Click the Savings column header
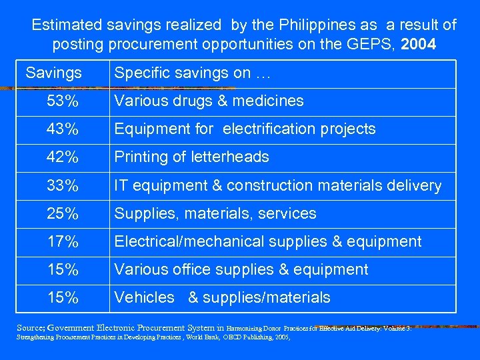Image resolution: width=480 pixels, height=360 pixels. [x=54, y=72]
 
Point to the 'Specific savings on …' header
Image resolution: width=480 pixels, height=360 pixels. [x=193, y=73]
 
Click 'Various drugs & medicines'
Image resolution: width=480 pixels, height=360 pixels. [x=209, y=101]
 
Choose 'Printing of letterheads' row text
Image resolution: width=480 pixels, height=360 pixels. [x=192, y=157]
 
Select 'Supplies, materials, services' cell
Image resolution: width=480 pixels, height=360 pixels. [x=215, y=213]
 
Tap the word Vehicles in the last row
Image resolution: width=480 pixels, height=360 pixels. [x=144, y=297]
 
